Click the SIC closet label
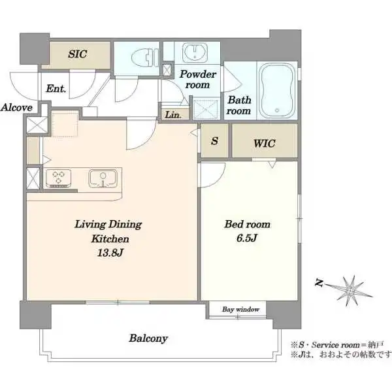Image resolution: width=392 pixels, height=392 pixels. click(x=78, y=54)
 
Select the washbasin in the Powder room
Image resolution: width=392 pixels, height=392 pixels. click(x=195, y=52)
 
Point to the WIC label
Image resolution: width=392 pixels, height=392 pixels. click(x=264, y=144)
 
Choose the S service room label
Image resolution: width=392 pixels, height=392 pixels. click(x=214, y=141)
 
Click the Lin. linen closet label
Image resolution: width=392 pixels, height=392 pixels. click(x=173, y=115)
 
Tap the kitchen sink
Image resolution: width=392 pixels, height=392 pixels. click(x=103, y=178)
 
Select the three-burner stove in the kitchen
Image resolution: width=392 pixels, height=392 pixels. click(x=58, y=178)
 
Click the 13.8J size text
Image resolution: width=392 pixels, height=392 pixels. click(x=110, y=253)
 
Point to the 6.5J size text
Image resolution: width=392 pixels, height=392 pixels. click(x=247, y=238)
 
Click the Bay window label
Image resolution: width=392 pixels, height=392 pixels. click(x=240, y=310)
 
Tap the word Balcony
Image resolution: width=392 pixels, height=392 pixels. click(x=148, y=338)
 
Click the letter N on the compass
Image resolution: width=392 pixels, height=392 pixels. click(x=319, y=283)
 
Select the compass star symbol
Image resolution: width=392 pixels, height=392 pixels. click(x=350, y=291)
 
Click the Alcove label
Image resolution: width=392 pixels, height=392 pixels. click(x=16, y=108)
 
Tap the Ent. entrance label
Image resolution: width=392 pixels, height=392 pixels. click(x=56, y=88)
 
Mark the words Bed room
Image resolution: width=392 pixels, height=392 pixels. click(x=247, y=224)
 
